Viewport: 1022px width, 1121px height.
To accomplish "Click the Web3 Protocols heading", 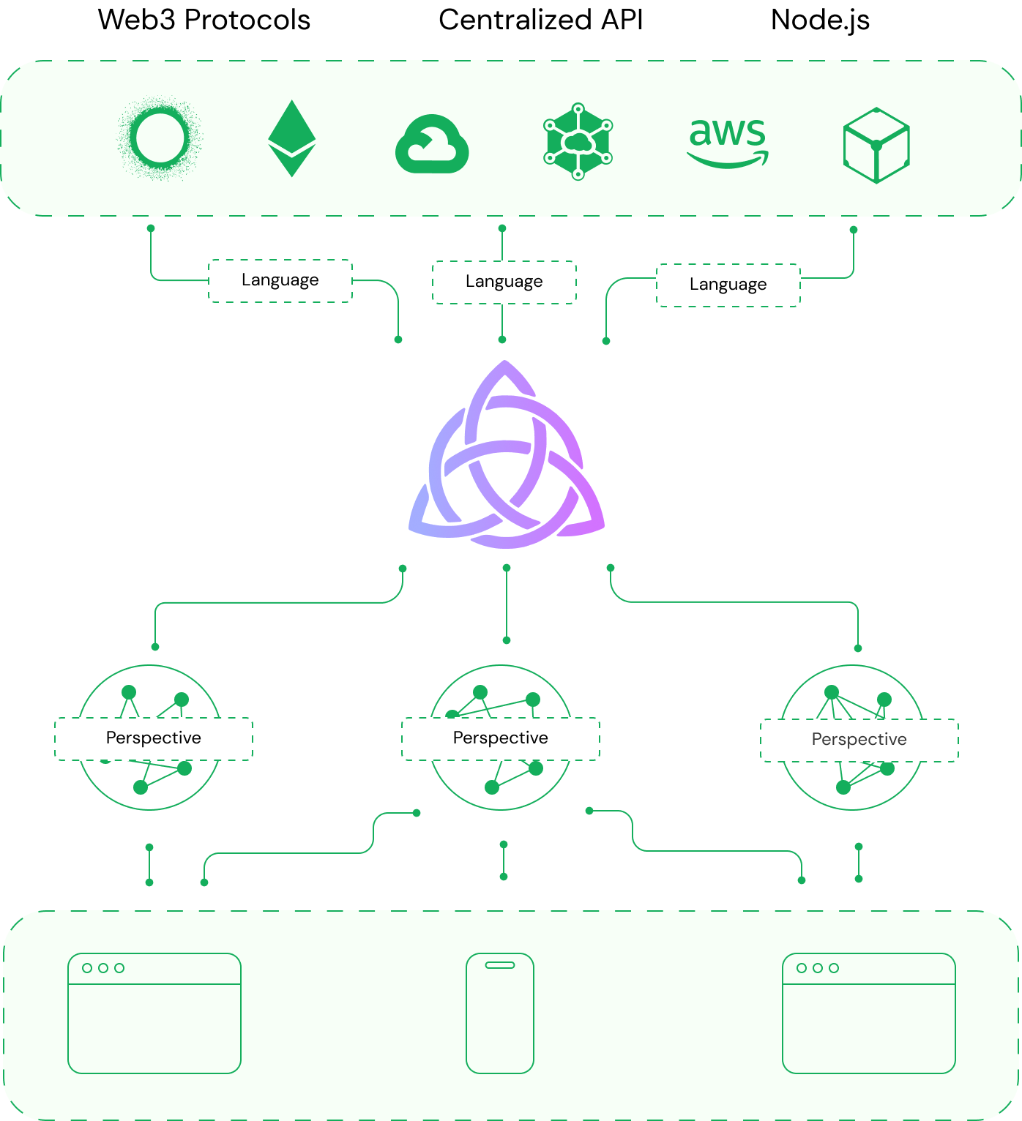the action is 204,20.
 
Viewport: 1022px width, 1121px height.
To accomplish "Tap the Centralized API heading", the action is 540,20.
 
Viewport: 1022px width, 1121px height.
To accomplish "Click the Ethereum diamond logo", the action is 292,138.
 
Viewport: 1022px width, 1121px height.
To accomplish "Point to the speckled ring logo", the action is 133,139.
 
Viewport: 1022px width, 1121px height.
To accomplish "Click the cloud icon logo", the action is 432,144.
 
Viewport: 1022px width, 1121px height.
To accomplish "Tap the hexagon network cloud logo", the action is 578,141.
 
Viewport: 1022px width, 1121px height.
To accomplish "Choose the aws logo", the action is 728,143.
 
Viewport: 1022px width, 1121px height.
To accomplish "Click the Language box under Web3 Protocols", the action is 280,280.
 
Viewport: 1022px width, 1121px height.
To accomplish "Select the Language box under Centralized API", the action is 504,282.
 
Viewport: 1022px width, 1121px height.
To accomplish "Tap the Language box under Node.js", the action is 728,285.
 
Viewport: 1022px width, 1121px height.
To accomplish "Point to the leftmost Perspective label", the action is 154,738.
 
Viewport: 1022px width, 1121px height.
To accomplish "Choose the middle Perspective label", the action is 500,738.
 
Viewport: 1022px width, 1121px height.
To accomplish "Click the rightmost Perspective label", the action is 859,740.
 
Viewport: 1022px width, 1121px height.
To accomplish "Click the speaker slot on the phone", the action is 500,965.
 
